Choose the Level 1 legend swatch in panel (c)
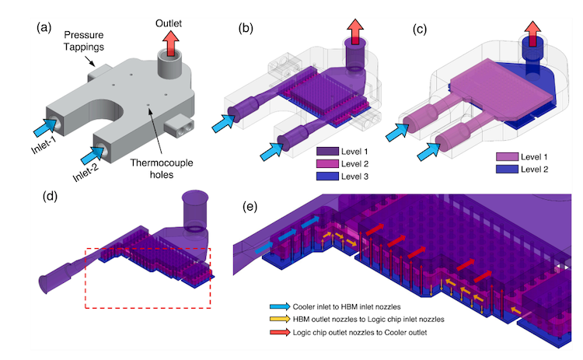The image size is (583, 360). (x=506, y=156)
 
